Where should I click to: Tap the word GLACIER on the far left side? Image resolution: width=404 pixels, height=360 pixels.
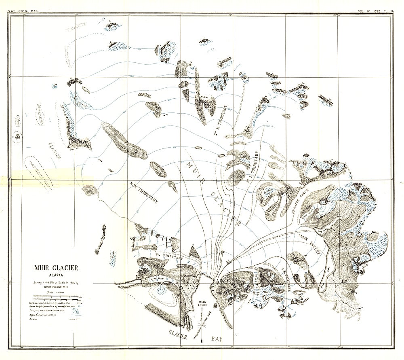(54, 150)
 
